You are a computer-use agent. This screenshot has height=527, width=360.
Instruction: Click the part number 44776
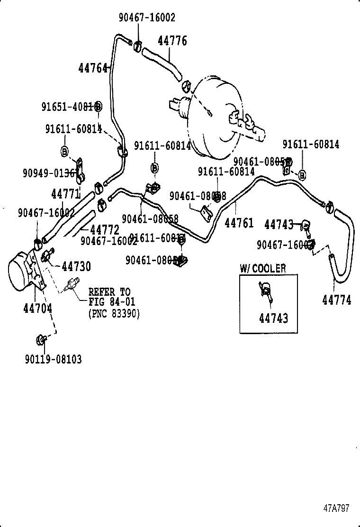172,41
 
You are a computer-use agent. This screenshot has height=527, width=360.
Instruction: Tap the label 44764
93,68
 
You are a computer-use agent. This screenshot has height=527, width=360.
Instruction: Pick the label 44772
105,230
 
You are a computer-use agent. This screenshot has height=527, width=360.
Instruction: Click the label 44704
37,309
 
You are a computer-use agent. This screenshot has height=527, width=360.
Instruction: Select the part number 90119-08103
53,359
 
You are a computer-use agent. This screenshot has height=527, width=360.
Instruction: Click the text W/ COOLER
262,269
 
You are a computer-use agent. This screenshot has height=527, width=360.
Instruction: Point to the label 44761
239,223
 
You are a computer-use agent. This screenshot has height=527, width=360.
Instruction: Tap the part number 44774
337,300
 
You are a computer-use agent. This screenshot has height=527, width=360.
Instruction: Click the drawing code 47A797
336,508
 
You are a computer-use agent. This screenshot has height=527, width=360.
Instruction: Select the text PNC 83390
114,313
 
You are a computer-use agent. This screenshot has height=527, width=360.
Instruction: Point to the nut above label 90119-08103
40,339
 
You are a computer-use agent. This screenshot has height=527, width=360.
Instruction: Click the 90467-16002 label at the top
147,18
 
